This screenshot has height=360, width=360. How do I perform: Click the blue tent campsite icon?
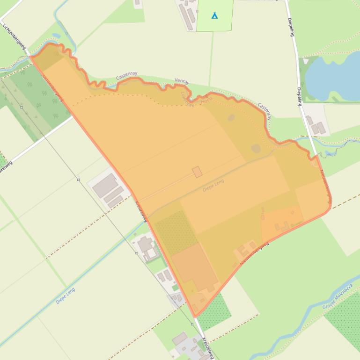214,15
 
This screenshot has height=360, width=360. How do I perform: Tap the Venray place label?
182,81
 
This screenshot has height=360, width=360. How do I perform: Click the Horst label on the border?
206,101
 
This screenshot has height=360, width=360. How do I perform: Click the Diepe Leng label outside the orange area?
65,296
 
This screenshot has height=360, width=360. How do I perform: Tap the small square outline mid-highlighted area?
197,172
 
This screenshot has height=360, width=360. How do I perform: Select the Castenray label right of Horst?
264,111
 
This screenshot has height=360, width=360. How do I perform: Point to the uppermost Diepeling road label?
291,28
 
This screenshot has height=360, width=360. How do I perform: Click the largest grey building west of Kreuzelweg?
105,186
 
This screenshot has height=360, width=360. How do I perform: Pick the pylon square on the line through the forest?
22,107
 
